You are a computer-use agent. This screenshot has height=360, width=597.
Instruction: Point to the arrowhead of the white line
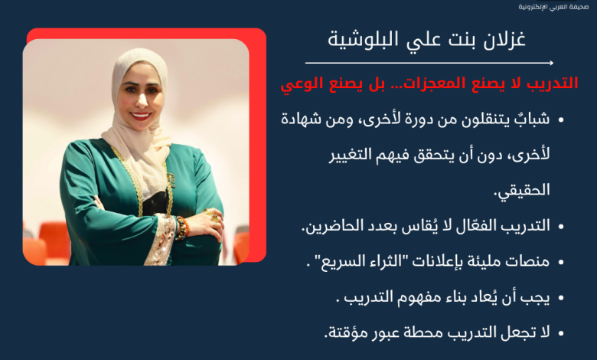click(551, 63)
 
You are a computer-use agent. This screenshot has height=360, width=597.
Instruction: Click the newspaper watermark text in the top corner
click(553, 7)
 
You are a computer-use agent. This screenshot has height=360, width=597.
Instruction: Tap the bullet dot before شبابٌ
click(560, 120)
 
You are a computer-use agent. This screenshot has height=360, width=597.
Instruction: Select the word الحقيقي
click(522, 190)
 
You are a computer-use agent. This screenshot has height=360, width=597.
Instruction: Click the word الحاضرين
click(325, 226)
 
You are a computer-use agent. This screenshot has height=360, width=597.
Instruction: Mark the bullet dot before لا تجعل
click(560, 333)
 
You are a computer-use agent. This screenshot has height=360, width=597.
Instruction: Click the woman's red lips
click(140, 116)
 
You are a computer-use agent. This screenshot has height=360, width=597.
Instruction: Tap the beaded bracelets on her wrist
click(181, 227)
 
